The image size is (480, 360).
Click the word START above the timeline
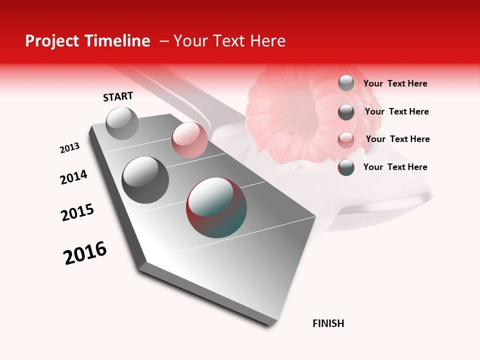118,96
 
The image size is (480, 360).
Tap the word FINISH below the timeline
328,323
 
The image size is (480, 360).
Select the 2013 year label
70,148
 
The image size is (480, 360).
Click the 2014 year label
73,177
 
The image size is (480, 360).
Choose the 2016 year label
85,253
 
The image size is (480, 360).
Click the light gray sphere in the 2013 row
122,123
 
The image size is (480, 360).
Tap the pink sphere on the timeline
189,140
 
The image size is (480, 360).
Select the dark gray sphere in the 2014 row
145,179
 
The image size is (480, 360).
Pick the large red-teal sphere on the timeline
216,207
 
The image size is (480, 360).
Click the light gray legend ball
346,83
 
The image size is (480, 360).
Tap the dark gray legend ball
346,112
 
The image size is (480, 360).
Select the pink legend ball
346,140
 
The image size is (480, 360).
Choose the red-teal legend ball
346,167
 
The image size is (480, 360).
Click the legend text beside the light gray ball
395,83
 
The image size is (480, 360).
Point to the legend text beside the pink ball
397,139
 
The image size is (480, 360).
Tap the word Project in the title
51,41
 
